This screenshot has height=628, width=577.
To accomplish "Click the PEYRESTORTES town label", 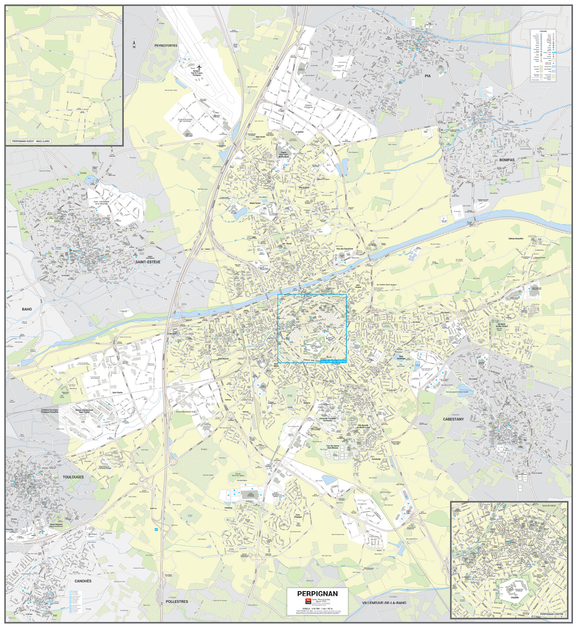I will [x=166, y=46].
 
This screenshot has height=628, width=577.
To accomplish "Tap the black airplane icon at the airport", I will [x=199, y=67].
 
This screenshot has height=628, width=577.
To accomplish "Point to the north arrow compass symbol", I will [x=134, y=44].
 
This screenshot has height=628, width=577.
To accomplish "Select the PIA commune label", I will [x=428, y=76].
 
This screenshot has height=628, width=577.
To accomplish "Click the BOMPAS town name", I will [x=506, y=160].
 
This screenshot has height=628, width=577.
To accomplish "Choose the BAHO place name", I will [x=27, y=309].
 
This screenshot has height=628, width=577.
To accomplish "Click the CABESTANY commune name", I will [x=453, y=419].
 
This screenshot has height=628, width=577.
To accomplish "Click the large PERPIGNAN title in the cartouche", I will [x=317, y=594].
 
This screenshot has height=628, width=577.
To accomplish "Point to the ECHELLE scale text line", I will [x=317, y=608].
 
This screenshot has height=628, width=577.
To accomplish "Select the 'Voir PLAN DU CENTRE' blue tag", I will [x=333, y=361].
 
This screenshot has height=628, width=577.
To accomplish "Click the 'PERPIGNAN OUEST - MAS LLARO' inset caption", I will [x=31, y=141].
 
